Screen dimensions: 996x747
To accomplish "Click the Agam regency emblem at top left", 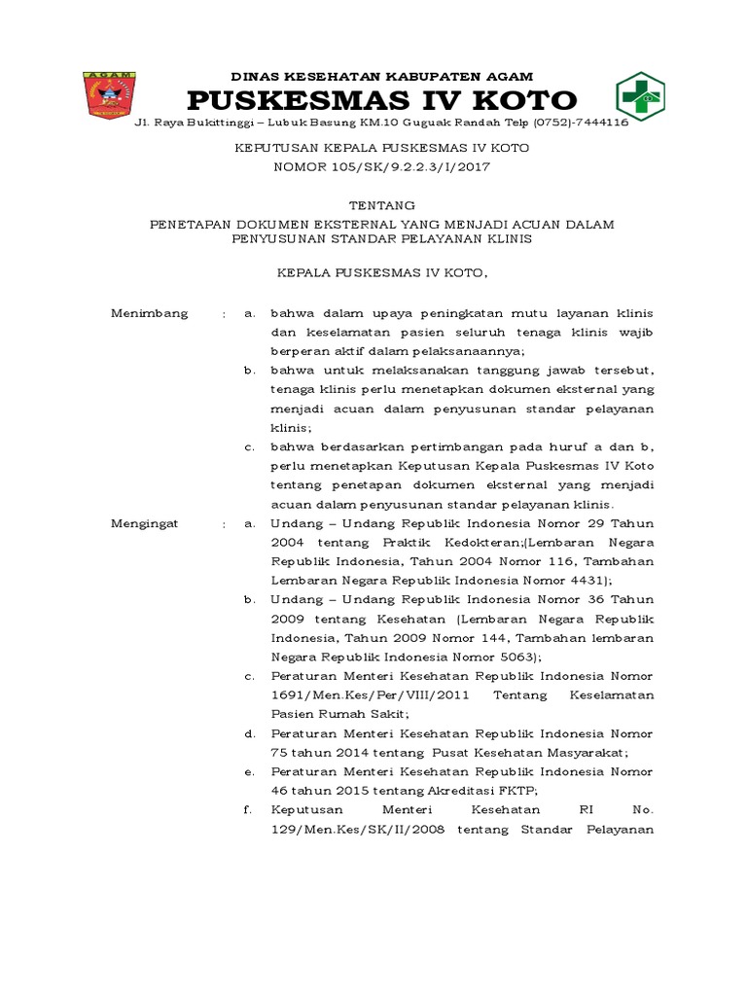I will click(110, 93).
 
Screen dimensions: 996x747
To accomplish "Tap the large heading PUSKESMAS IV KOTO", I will click(381, 100).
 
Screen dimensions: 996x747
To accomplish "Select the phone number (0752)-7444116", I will click(581, 124).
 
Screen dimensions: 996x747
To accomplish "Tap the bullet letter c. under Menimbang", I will click(250, 446).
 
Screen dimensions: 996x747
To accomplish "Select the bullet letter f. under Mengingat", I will click(250, 808).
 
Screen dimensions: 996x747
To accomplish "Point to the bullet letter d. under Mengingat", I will click(250, 732).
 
